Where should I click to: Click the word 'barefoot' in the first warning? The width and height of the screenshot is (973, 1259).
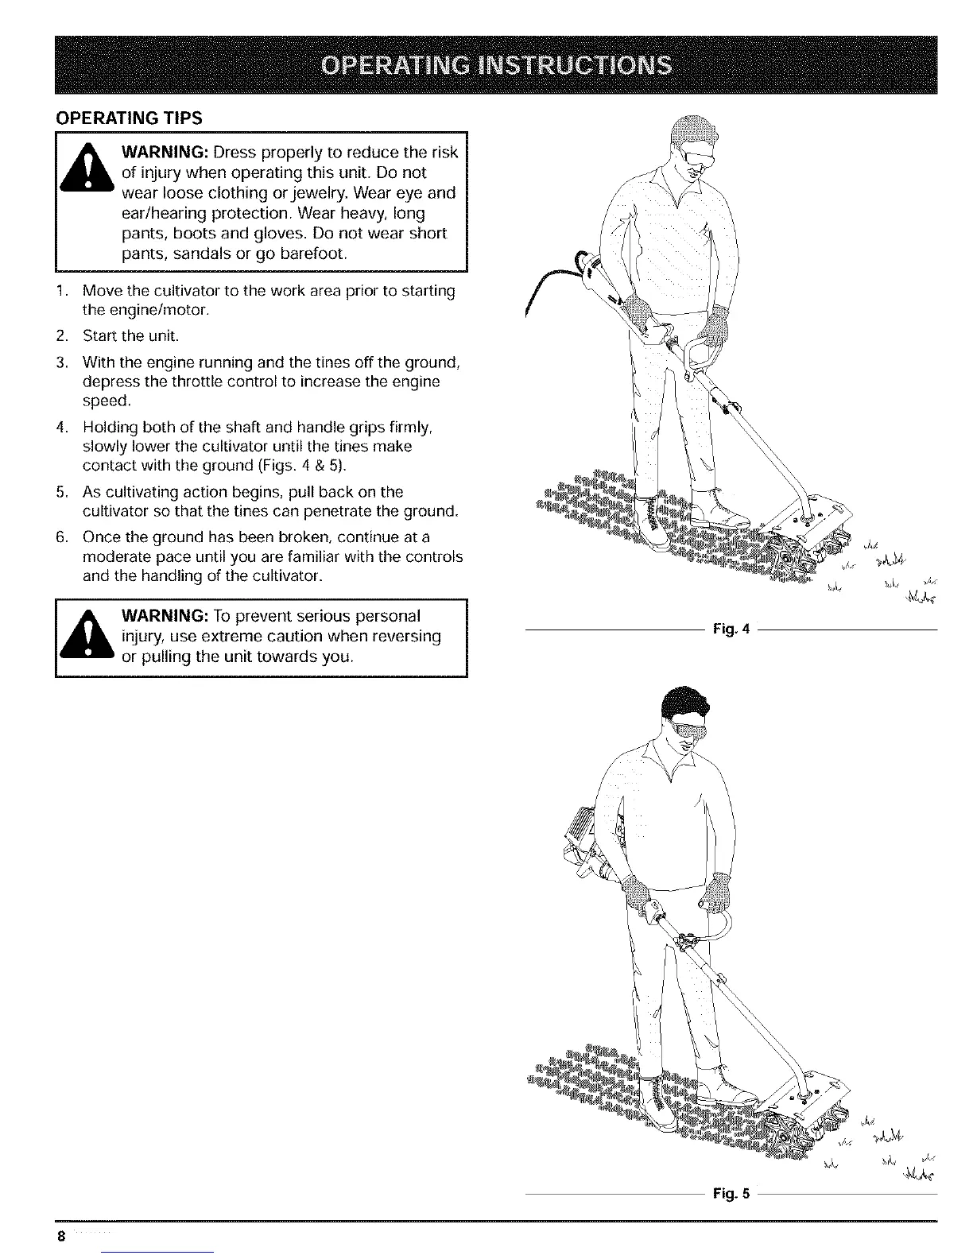click(306, 254)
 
